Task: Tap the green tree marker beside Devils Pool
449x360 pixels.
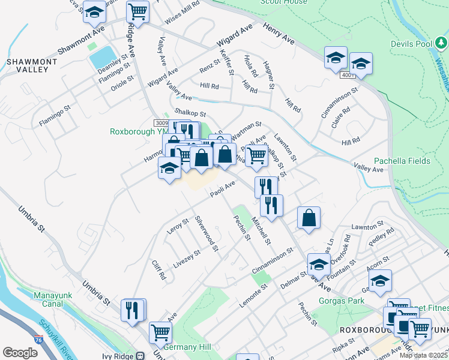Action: (441, 43)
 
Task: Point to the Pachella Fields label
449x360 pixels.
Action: (402, 161)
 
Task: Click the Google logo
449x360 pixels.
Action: (20, 353)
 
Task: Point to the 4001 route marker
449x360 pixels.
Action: (348, 76)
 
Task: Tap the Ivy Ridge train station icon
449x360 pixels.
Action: (140, 355)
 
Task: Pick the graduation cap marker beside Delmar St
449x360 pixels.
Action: (319, 263)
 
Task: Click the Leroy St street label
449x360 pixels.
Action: (178, 226)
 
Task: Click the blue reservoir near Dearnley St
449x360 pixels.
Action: (101, 57)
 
